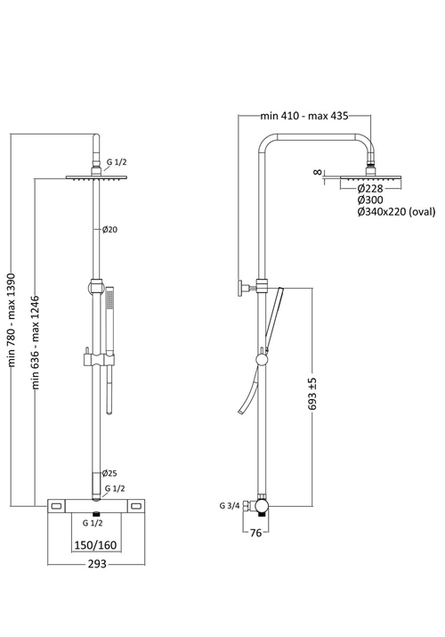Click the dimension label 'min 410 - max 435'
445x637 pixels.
pyautogui.click(x=303, y=116)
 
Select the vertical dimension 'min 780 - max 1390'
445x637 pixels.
pyautogui.click(x=12, y=320)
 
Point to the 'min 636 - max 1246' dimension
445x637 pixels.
pyautogui.click(x=36, y=342)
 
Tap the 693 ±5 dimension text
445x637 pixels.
pyautogui.click(x=313, y=394)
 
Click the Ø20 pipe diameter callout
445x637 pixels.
pyautogui.click(x=109, y=230)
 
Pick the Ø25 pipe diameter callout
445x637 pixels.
pyautogui.click(x=109, y=473)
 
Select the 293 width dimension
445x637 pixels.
pyautogui.click(x=97, y=564)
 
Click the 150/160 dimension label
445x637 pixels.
pyautogui.click(x=96, y=544)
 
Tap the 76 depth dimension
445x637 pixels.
pyautogui.click(x=255, y=533)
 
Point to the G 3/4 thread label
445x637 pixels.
pyautogui.click(x=230, y=506)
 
